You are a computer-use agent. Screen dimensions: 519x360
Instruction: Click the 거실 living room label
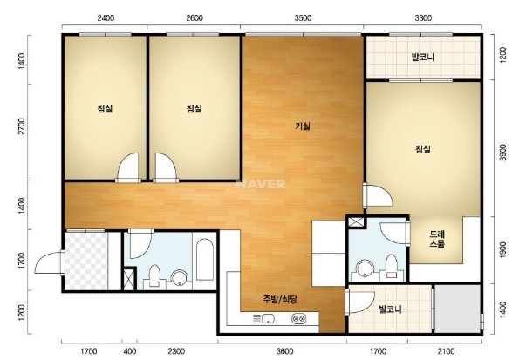click(x=303, y=126)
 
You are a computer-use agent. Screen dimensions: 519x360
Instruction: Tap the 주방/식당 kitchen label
click(x=280, y=300)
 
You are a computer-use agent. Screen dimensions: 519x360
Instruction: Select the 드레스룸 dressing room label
click(x=437, y=239)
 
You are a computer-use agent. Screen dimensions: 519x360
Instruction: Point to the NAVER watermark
click(x=261, y=184)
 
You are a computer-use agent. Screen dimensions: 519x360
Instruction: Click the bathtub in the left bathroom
click(x=205, y=260)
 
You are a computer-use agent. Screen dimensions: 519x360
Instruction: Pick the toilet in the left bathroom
click(x=154, y=275)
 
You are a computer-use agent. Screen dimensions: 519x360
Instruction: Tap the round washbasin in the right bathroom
click(x=365, y=268)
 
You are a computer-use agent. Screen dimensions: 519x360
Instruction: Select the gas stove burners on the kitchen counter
click(x=298, y=319)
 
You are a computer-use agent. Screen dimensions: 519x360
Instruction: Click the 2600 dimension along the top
click(x=195, y=17)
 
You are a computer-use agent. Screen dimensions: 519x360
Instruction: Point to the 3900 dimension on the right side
click(x=502, y=152)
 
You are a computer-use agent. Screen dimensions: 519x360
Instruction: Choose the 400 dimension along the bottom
click(x=129, y=350)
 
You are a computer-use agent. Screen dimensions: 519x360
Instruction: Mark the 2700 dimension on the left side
click(x=22, y=126)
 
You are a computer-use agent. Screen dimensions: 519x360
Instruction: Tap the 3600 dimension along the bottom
click(x=284, y=350)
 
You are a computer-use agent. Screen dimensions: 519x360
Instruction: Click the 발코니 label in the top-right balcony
click(x=423, y=57)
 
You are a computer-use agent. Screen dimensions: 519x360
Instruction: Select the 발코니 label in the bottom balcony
click(x=390, y=309)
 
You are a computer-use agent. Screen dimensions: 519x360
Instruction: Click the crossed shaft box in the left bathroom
click(x=129, y=279)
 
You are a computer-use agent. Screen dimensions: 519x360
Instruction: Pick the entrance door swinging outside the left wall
click(x=50, y=263)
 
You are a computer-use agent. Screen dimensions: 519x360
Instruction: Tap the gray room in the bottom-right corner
click(x=457, y=309)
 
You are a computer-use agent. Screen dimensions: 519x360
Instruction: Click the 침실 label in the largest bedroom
click(x=423, y=149)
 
